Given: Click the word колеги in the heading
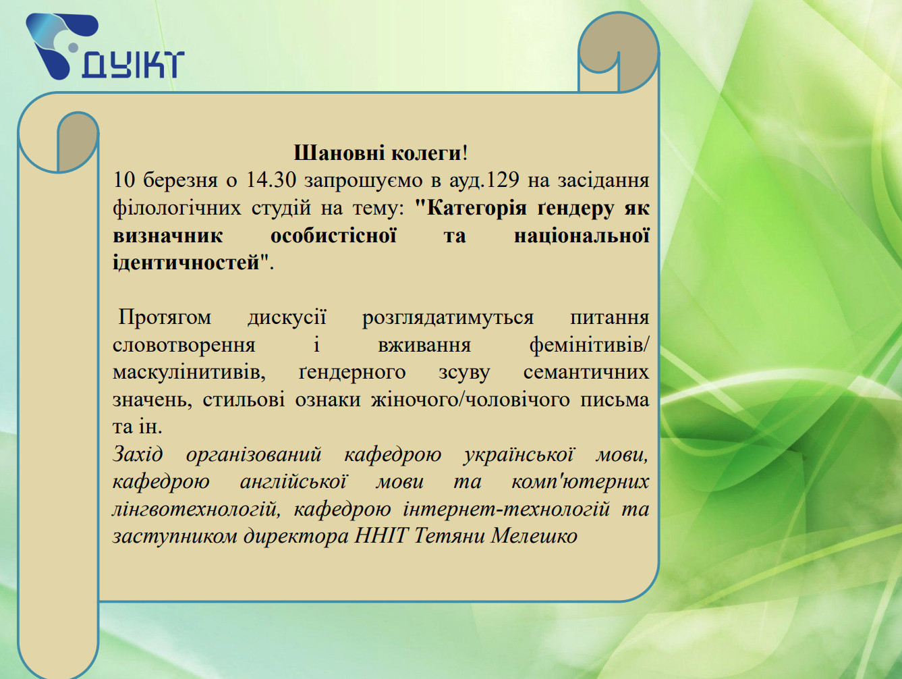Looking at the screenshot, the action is (427, 154).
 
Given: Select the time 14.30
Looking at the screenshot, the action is (271, 180).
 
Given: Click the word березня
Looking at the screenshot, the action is (180, 181).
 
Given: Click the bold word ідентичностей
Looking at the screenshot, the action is (187, 263).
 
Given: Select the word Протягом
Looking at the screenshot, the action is (165, 318).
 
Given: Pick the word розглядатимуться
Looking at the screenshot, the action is (447, 318).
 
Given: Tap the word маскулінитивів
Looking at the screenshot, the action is (189, 373).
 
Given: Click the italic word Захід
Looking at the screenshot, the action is (138, 455).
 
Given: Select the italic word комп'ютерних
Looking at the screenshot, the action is (580, 482).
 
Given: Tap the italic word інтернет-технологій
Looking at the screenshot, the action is (506, 510).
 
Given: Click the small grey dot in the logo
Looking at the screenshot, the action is (73, 47).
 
